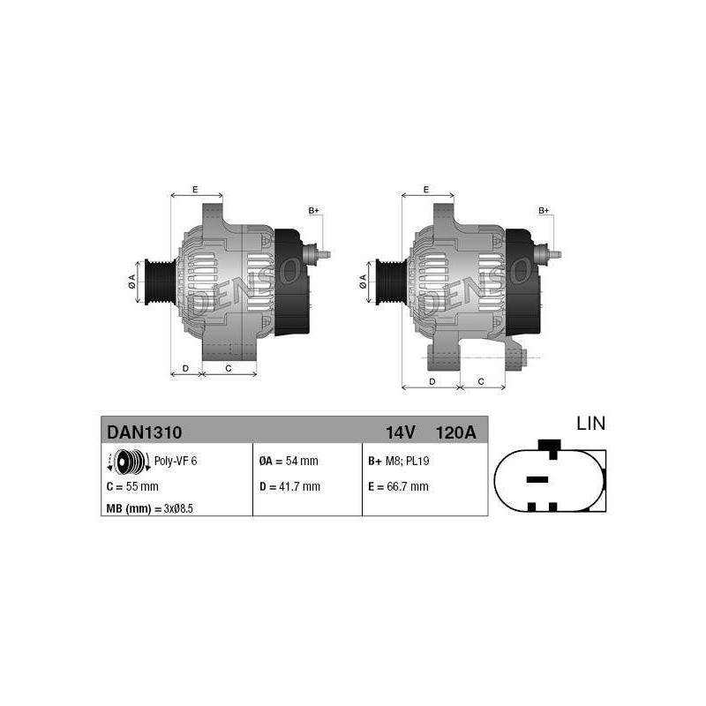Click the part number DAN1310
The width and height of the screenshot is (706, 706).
coord(144,432)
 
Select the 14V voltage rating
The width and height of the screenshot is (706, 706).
coord(400,432)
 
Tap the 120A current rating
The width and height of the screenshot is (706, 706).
coord(455,432)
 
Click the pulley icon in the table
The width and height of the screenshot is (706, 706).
coord(129,462)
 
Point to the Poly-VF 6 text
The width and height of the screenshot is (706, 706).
coord(176,461)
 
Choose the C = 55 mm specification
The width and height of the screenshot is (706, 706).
coord(132,487)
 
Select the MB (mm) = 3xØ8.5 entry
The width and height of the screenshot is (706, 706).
coord(149,509)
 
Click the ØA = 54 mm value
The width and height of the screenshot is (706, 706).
coord(289,461)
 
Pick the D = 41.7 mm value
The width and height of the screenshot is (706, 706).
coord(289,487)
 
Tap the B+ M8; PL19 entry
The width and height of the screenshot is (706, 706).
coord(399,461)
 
